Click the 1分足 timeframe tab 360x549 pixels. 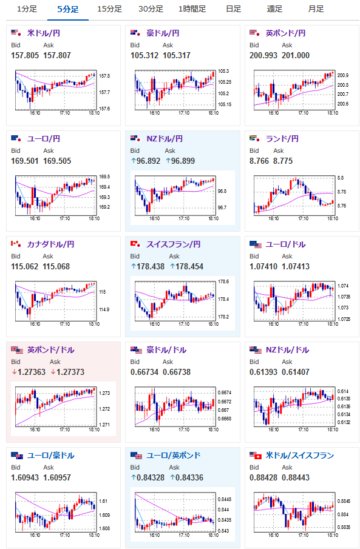pyautogui.click(x=27, y=8)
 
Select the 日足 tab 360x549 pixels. pyautogui.click(x=234, y=8)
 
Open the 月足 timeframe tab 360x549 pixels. pyautogui.click(x=316, y=8)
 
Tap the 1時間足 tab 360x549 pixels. pyautogui.click(x=192, y=8)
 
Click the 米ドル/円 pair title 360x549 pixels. pyautogui.click(x=44, y=33)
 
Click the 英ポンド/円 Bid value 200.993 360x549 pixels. pyautogui.click(x=263, y=55)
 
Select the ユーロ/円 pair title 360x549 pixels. pyautogui.click(x=44, y=139)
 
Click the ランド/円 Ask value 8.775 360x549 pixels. pyautogui.click(x=283, y=161)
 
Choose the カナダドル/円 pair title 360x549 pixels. pyautogui.click(x=50, y=244)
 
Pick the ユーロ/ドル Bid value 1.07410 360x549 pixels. pyautogui.click(x=263, y=266)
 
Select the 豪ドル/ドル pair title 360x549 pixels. pyautogui.click(x=166, y=350)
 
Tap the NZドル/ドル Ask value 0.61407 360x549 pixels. pyautogui.click(x=296, y=372)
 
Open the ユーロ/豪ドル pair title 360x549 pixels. pyautogui.click(x=50, y=456)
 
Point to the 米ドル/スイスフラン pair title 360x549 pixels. pyautogui.click(x=300, y=456)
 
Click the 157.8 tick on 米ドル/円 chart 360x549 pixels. pyautogui.click(x=104, y=76)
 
